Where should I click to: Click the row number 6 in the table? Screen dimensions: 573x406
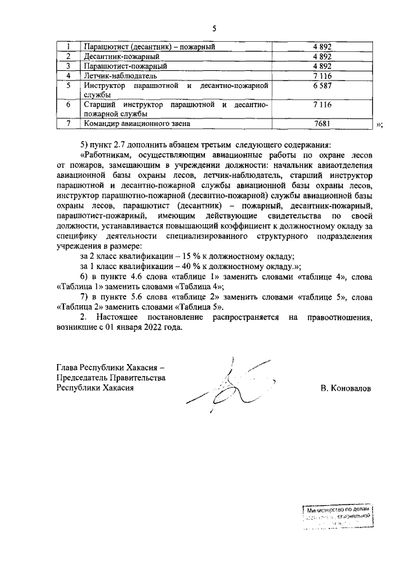coord(68,104)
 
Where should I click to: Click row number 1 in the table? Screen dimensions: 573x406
coord(68,47)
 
